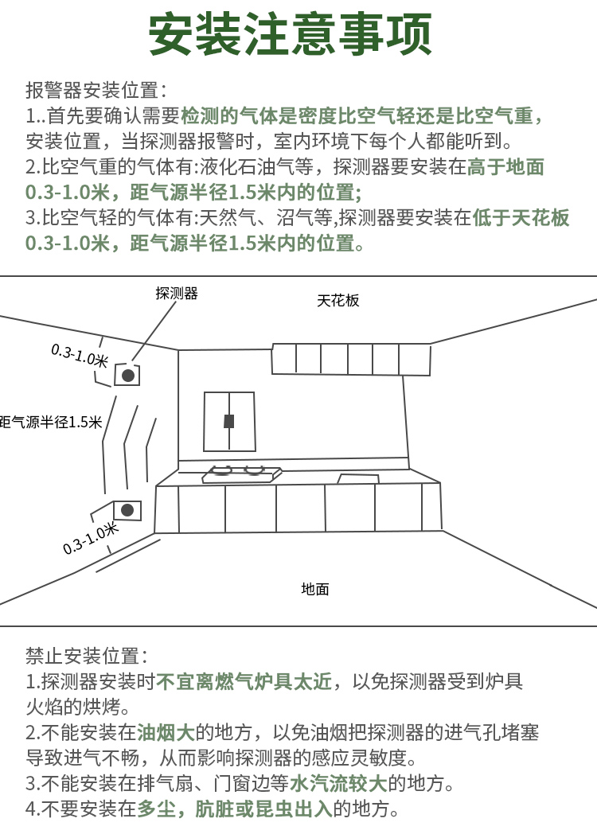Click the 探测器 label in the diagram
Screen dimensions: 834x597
(176, 294)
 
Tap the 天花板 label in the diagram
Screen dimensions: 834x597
(338, 300)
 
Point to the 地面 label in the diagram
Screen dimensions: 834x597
(315, 590)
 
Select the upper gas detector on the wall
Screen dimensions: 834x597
(127, 375)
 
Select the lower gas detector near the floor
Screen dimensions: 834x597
(127, 509)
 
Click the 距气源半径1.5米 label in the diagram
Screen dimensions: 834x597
(51, 422)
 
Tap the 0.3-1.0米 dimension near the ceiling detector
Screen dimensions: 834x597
(79, 355)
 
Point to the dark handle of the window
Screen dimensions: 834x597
(229, 421)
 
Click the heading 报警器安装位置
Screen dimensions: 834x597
(96, 90)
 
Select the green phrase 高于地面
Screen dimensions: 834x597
(505, 167)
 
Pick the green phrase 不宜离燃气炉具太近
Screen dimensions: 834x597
(244, 682)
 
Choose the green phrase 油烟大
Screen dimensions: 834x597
(166, 733)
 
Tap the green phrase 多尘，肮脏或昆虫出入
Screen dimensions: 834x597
(235, 810)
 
